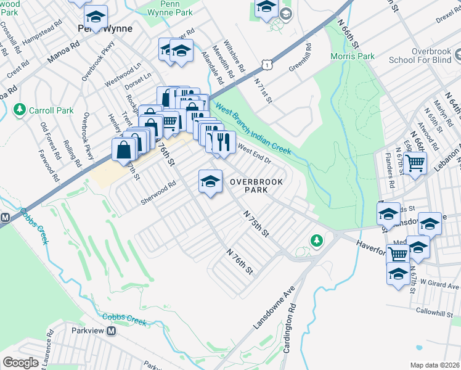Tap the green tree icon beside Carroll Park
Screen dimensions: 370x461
point(19,110)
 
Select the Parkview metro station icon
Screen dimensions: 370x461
point(112,331)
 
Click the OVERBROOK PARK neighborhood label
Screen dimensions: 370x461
point(249,186)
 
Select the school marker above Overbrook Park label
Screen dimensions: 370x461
point(210,181)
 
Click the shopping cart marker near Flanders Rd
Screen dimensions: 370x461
point(416,163)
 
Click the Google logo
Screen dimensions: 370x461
point(20,362)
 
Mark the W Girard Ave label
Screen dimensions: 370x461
point(436,286)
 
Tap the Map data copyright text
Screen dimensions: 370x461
point(434,365)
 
